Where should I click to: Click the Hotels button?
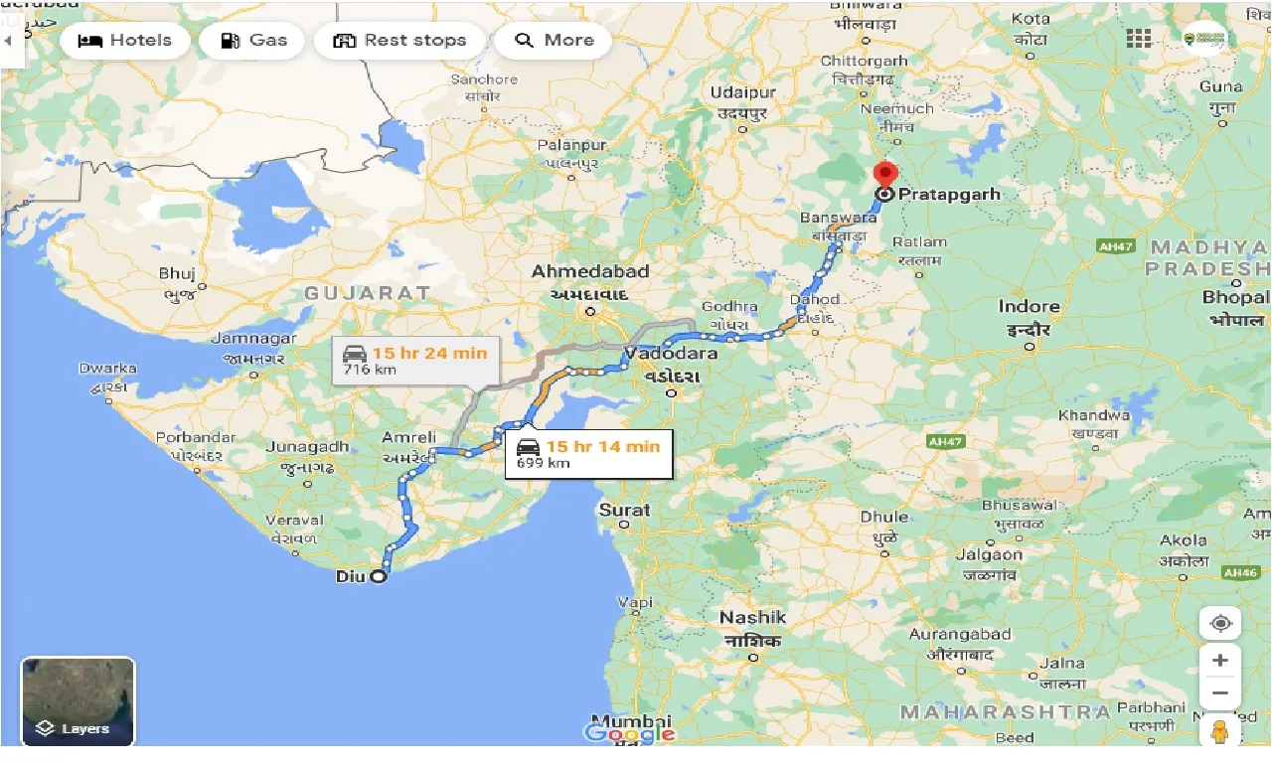124,41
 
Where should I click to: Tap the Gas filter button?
252,41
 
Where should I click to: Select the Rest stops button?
399,41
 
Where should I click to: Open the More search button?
553,41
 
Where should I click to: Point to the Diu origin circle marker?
378,576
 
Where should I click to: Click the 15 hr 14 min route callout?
588,454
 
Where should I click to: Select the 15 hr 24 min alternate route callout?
415,361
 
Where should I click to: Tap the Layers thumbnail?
78,701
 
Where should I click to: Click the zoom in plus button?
1220,661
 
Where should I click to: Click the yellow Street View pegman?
1220,731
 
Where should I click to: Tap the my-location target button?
1220,623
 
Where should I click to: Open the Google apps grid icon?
1139,39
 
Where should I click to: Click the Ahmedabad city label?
589,272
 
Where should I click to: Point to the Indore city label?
1029,307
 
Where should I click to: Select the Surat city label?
624,511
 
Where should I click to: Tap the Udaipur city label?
742,93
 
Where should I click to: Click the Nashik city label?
752,618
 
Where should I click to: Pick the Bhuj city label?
177,273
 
